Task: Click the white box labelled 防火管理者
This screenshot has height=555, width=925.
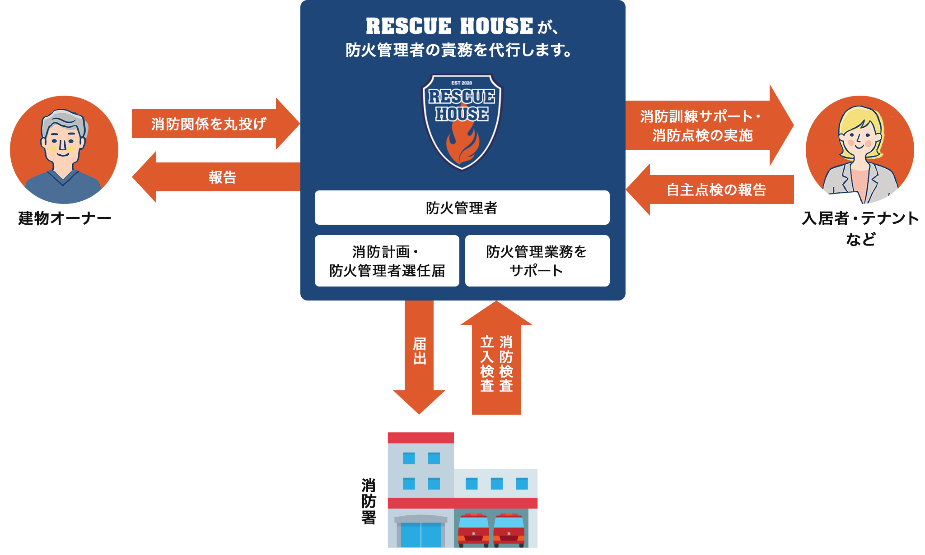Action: pyautogui.click(x=462, y=208)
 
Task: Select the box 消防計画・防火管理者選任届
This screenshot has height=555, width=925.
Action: pyautogui.click(x=387, y=261)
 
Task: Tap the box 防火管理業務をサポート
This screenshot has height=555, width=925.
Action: pyautogui.click(x=537, y=261)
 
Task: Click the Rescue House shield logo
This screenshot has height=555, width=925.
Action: pyautogui.click(x=462, y=122)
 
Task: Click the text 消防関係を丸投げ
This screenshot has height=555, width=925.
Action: pyautogui.click(x=209, y=124)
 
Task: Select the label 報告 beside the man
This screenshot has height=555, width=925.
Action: pyautogui.click(x=222, y=177)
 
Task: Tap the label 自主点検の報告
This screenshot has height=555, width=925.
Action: pyautogui.click(x=716, y=190)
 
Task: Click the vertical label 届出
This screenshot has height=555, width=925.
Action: pyautogui.click(x=420, y=351)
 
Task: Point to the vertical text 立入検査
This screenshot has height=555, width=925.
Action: pyautogui.click(x=487, y=364)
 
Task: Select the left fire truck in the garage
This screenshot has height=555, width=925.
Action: pyautogui.click(x=473, y=530)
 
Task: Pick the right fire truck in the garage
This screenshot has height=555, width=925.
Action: pyautogui.click(x=509, y=530)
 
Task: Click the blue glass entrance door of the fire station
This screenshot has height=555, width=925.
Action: pyautogui.click(x=420, y=534)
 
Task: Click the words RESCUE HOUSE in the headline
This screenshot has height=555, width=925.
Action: pyautogui.click(x=449, y=26)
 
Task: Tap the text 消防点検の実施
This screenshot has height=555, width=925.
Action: pyautogui.click(x=702, y=135)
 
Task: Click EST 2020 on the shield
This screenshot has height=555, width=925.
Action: pyautogui.click(x=462, y=83)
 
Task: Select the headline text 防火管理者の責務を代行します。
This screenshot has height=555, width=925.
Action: pyautogui.click(x=459, y=50)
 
